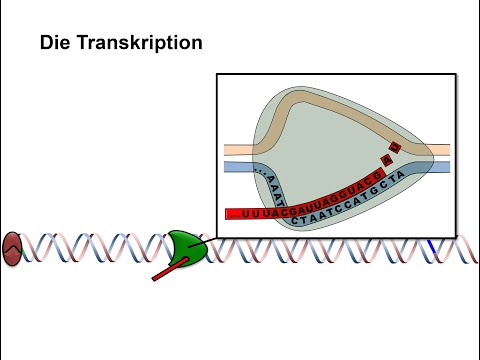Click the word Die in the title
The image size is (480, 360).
(53, 44)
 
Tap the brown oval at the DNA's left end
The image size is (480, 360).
(12, 248)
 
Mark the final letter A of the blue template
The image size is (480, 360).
(400, 175)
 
